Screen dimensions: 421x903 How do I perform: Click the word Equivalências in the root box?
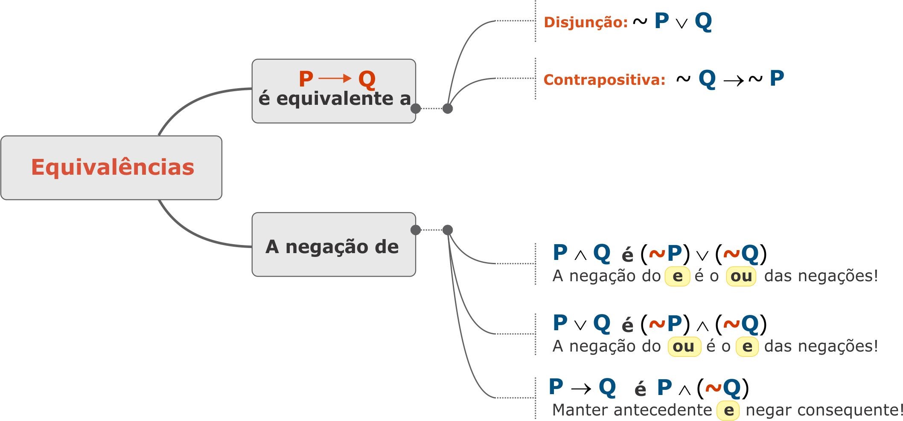pos(113,167)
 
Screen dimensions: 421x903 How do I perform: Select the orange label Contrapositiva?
pos(604,80)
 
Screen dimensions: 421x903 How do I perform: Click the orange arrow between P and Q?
pos(335,78)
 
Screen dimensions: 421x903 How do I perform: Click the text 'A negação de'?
pos(332,247)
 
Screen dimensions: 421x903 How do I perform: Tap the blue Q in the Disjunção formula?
pos(703,21)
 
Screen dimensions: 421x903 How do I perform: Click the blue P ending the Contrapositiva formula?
pos(777,78)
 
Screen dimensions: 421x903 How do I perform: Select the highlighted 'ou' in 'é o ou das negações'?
pos(741,276)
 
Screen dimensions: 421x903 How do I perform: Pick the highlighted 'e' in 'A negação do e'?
pos(677,276)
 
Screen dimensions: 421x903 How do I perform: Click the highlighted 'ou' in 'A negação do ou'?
pos(684,346)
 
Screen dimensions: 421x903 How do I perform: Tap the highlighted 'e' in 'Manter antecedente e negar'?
pos(728,410)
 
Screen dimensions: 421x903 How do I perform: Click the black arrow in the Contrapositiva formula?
pos(734,80)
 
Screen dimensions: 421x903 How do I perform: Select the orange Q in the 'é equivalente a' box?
pos(367,79)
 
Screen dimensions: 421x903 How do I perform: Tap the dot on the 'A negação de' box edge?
pos(415,230)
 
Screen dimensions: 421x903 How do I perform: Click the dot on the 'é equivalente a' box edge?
pos(415,109)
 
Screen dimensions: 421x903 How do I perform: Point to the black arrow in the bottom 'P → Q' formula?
pos(581,389)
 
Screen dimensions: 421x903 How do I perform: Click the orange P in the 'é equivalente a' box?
pos(306,79)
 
